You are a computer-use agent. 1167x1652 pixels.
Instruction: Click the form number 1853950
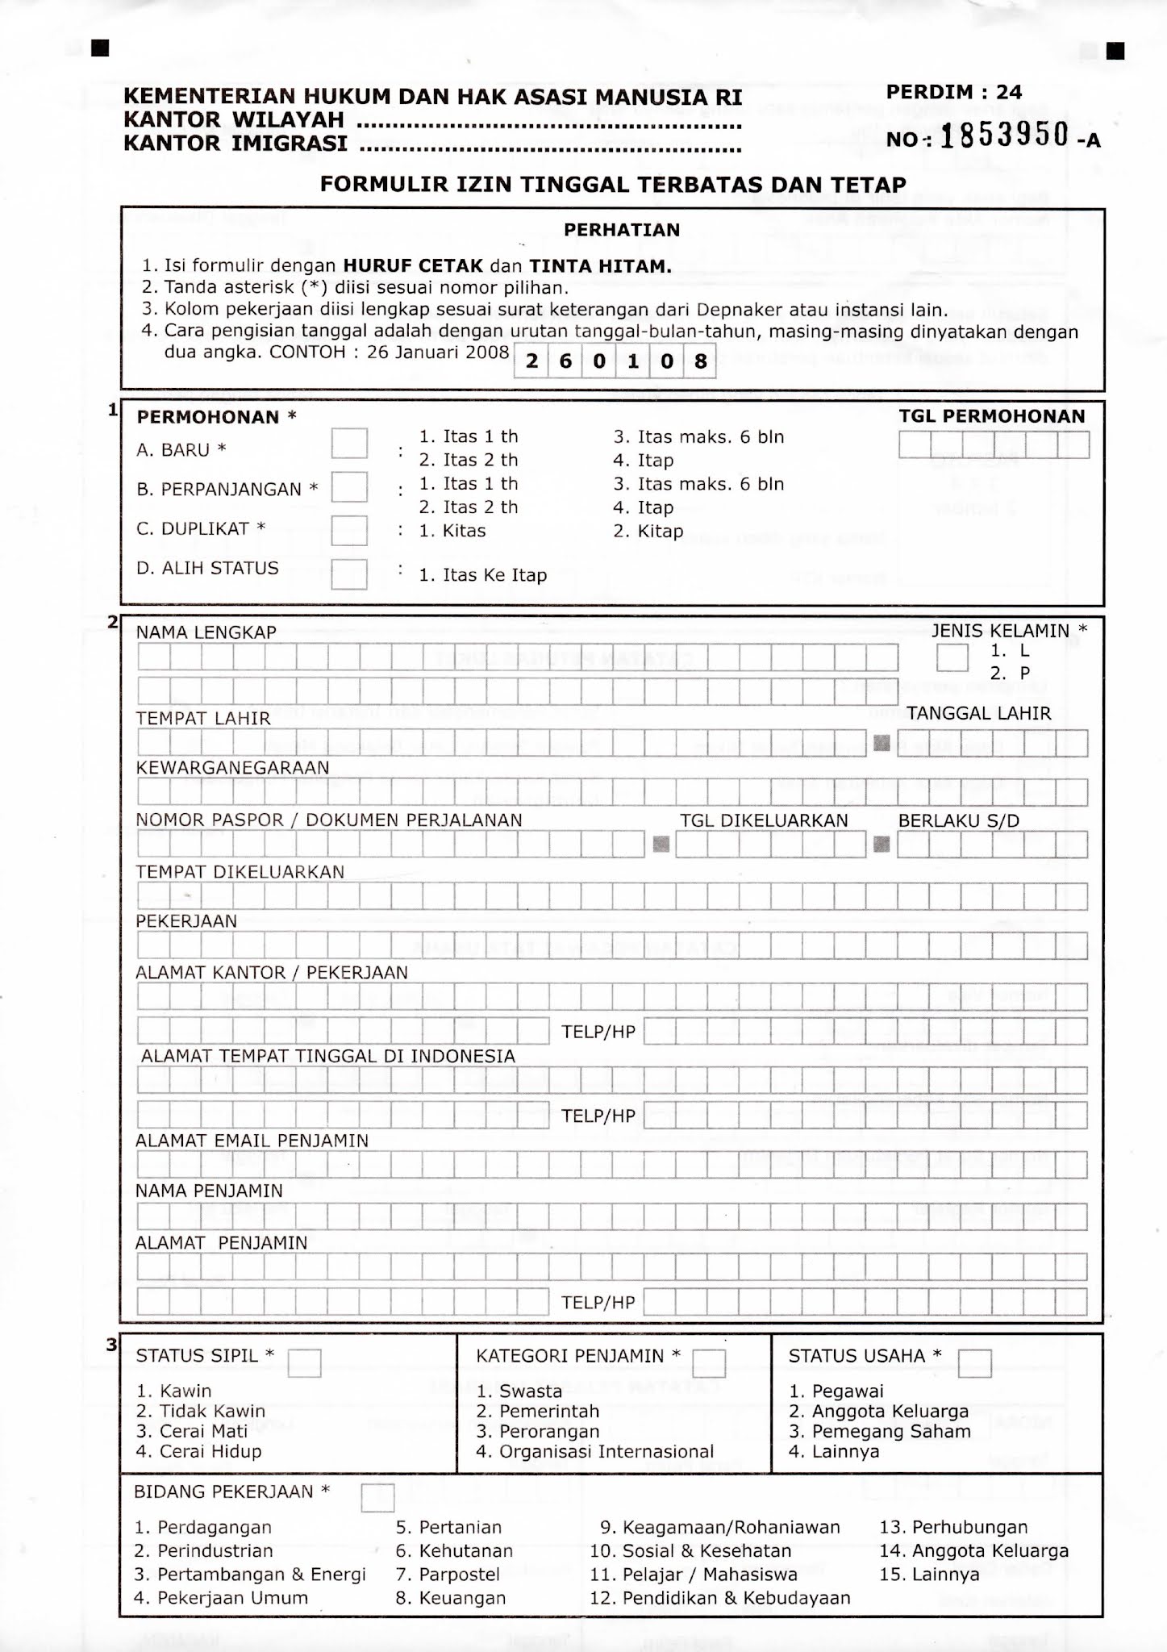(1005, 136)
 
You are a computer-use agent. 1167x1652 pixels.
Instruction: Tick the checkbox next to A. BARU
(349, 443)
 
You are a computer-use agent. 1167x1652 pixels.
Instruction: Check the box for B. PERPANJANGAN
(349, 487)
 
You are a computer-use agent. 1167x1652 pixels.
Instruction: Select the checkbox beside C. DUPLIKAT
(349, 530)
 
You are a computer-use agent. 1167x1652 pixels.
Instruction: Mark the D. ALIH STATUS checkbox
(349, 574)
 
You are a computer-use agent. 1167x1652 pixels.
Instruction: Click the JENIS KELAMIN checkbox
(952, 657)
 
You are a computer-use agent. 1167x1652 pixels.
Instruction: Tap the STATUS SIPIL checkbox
(304, 1362)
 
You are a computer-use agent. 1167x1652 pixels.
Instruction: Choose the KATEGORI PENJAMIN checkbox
(709, 1362)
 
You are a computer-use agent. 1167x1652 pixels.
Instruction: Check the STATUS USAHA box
(974, 1362)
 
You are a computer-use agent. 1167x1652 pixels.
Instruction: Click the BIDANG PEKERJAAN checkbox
(377, 1497)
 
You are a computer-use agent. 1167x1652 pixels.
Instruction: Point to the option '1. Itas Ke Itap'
(482, 575)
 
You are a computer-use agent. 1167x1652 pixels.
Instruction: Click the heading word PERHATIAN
(622, 230)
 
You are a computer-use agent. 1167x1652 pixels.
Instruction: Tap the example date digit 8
(700, 361)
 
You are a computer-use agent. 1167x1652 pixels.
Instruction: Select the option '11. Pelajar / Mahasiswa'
(694, 1574)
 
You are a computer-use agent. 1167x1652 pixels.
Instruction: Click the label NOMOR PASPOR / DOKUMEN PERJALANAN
(329, 820)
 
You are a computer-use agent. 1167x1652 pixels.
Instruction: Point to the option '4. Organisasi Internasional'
(595, 1451)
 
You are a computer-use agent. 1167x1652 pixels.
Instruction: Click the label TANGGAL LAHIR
(978, 713)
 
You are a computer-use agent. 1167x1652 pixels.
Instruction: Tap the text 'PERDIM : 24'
(954, 92)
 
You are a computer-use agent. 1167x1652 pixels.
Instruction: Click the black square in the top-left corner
(99, 49)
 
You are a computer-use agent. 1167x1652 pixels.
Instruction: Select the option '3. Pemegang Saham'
(880, 1431)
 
